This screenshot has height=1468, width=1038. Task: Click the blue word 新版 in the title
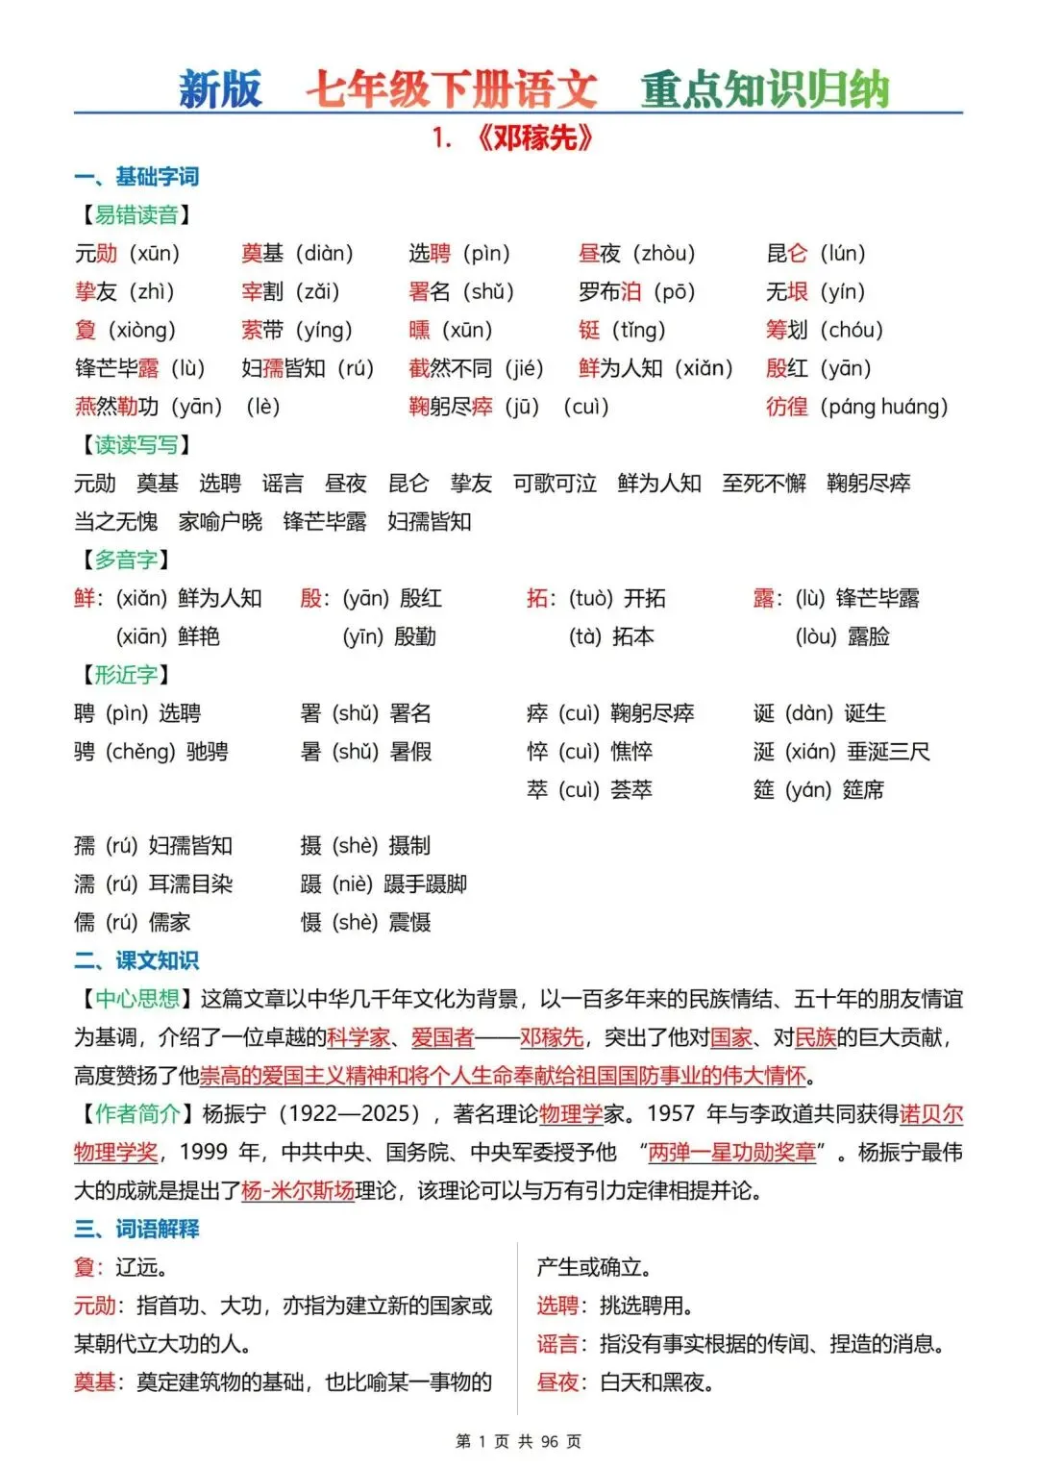click(x=220, y=89)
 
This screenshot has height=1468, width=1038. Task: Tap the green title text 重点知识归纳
click(x=765, y=89)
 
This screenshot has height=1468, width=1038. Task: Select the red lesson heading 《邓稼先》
click(x=534, y=138)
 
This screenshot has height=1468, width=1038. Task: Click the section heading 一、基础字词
click(x=136, y=177)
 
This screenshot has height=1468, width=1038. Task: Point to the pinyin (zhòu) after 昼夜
click(x=664, y=253)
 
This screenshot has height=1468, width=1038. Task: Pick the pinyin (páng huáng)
click(x=884, y=407)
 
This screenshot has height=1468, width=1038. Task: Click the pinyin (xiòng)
click(x=142, y=330)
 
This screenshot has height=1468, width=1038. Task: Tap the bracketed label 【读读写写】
click(x=136, y=445)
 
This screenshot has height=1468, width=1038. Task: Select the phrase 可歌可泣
click(x=555, y=484)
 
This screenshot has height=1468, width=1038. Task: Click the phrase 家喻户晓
click(x=220, y=522)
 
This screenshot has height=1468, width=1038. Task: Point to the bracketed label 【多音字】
click(x=126, y=560)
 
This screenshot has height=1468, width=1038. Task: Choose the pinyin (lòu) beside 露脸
click(x=816, y=636)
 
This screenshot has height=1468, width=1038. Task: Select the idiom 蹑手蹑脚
click(x=426, y=884)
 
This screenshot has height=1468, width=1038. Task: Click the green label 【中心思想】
click(x=136, y=999)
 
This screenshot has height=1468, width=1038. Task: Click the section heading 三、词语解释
click(x=136, y=1229)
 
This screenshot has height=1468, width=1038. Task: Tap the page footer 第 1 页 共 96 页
click(x=518, y=1441)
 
